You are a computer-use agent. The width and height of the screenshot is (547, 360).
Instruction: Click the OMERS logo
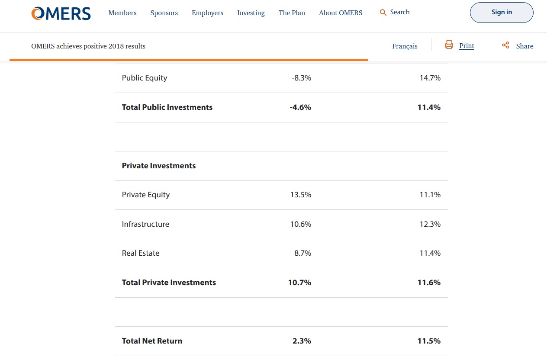pyautogui.click(x=61, y=13)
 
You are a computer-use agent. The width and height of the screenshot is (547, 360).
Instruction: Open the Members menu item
pyautogui.click(x=122, y=13)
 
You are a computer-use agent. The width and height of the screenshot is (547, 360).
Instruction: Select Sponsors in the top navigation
pyautogui.click(x=164, y=13)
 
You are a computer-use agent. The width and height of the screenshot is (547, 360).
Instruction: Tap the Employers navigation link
pyautogui.click(x=207, y=13)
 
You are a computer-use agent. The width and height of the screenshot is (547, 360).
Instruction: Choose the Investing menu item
pyautogui.click(x=251, y=13)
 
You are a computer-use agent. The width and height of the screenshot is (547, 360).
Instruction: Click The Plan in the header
pyautogui.click(x=292, y=13)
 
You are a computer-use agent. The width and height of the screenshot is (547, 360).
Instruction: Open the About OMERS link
pyautogui.click(x=341, y=13)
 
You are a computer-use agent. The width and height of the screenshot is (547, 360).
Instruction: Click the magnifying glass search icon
pyautogui.click(x=383, y=13)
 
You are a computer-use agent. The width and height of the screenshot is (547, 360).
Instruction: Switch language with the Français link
pyautogui.click(x=405, y=46)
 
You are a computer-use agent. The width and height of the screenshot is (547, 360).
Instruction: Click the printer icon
pyautogui.click(x=449, y=45)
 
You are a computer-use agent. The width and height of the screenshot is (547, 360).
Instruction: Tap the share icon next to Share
pyautogui.click(x=505, y=45)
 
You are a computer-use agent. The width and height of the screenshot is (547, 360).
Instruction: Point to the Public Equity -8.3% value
pyautogui.click(x=301, y=78)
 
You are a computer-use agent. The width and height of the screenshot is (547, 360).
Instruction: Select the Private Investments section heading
pyautogui.click(x=159, y=166)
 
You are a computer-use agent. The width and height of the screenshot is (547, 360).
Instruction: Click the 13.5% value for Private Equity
pyautogui.click(x=300, y=195)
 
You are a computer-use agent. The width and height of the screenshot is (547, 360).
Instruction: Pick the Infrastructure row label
pyautogui.click(x=145, y=224)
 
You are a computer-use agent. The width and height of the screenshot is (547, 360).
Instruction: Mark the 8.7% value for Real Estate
pyautogui.click(x=302, y=253)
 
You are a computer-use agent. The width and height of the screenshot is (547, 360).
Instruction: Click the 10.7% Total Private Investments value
pyautogui.click(x=299, y=283)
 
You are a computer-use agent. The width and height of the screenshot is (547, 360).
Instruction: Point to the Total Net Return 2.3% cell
pyautogui.click(x=302, y=341)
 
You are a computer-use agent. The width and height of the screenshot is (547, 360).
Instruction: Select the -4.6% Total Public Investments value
pyautogui.click(x=300, y=107)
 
